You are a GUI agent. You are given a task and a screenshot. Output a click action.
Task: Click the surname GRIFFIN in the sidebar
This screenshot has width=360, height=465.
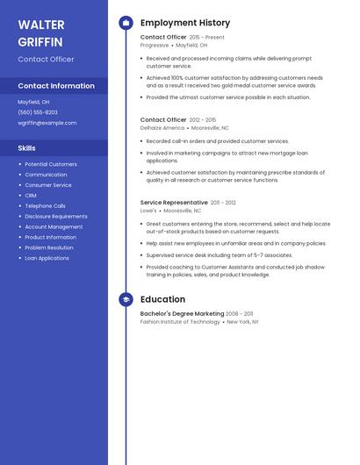(40, 41)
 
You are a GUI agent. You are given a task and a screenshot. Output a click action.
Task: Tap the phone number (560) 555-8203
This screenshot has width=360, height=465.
(38, 112)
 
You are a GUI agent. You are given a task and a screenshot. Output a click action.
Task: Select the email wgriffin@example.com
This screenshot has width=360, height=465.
(47, 123)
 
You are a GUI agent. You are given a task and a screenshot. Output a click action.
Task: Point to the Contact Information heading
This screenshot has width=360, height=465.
(56, 86)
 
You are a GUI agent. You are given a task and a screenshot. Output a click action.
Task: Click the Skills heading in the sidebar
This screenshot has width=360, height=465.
(27, 148)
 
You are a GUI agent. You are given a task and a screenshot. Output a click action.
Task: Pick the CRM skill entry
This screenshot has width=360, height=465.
(31, 196)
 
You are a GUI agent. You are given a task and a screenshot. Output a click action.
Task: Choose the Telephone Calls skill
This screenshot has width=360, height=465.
(45, 206)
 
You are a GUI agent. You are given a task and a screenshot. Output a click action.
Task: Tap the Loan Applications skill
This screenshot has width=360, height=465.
(47, 258)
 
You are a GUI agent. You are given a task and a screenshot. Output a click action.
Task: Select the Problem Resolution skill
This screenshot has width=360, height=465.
(49, 247)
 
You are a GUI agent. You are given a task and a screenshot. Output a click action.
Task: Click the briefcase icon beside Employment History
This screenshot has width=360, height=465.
(126, 23)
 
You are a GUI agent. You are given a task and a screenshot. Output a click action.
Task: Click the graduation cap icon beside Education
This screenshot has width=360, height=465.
(126, 299)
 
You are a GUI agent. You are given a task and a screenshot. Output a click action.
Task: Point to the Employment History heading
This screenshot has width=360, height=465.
(185, 23)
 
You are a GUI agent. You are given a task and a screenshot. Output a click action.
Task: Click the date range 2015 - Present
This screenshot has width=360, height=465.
(207, 38)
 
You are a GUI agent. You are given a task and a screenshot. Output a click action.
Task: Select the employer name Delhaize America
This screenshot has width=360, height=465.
(162, 128)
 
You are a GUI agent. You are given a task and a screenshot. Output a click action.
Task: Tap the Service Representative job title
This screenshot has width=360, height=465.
(174, 203)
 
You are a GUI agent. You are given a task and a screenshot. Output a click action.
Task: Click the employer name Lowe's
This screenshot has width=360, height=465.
(148, 211)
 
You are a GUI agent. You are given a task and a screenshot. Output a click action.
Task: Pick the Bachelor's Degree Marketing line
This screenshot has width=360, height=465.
(182, 313)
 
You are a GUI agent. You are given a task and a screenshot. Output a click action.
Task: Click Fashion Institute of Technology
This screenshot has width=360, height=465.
(180, 322)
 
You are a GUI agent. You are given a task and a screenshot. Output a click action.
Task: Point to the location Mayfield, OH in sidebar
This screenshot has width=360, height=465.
(33, 102)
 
